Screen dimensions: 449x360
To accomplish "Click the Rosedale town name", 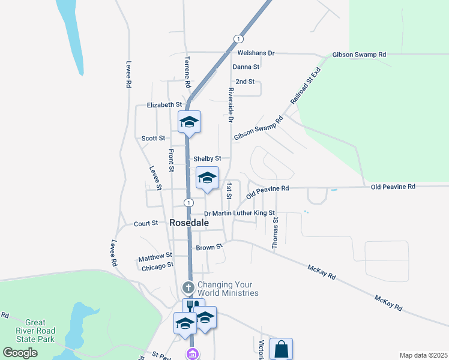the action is pos(189,223).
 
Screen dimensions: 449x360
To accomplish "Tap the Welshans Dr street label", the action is pos(253,53).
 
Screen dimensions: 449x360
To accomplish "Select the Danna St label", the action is pos(246,67).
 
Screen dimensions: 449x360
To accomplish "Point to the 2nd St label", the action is pos(245,82).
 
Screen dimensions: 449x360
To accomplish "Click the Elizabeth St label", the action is pos(164,105).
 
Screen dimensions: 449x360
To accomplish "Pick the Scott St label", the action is pos(153,138).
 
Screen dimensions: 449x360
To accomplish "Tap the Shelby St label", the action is pos(207,158).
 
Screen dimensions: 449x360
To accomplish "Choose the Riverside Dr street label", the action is pos(230,105).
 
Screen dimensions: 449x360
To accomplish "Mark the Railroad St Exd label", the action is pos(306,86).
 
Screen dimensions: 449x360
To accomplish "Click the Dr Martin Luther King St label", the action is pos(239,213).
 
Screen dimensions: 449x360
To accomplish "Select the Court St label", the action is pos(146,223).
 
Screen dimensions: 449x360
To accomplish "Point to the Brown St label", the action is pos(209,247).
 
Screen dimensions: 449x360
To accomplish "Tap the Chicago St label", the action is pos(157,265).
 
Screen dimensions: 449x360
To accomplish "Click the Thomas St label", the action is pos(275,233).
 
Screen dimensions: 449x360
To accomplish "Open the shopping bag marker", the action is pos(282,348).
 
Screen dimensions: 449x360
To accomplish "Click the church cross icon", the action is pos(188,287).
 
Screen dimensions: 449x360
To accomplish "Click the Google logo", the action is pos(20,353).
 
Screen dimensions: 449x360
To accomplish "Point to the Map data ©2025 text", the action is pos(423,355).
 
